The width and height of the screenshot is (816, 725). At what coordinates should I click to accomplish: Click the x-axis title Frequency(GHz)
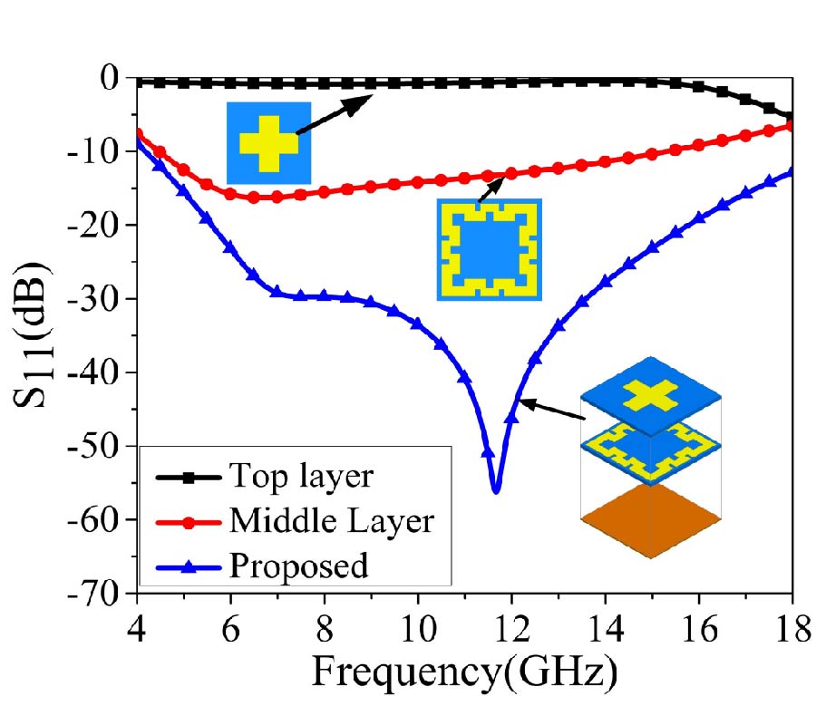465,673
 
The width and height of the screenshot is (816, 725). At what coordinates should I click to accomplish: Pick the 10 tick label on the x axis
417,627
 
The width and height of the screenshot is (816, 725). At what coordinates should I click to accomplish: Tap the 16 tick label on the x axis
698,627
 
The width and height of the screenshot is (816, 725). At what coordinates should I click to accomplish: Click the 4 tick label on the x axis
136,627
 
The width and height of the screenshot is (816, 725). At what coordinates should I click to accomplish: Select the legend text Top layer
300,476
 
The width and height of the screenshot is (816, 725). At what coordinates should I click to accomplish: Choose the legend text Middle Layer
332,520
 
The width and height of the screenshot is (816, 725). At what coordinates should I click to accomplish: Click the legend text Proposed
299,565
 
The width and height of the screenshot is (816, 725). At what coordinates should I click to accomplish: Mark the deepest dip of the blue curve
495,490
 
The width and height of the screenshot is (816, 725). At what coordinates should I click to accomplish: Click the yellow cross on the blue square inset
268,143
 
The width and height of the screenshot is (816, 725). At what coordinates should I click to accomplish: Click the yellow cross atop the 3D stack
650,395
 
